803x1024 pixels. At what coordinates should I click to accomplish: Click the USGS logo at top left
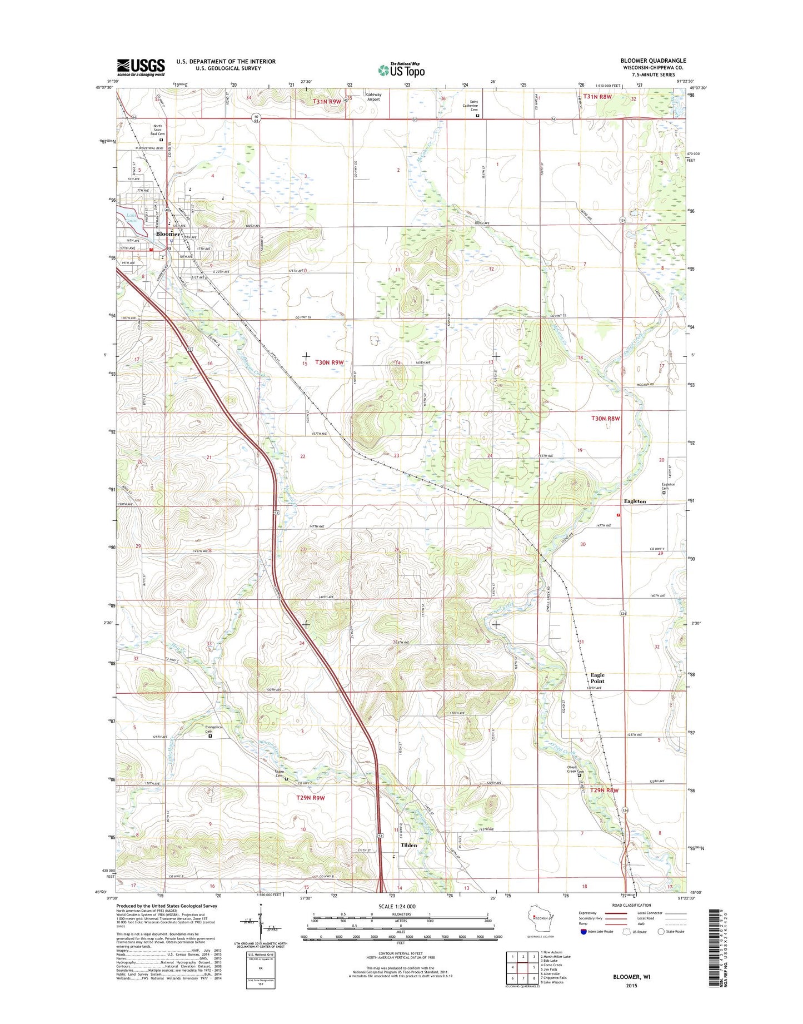point(141,67)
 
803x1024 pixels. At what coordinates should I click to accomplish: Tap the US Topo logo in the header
point(401,69)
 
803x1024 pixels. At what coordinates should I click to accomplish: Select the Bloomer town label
point(167,234)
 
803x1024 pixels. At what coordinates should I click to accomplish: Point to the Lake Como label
point(131,217)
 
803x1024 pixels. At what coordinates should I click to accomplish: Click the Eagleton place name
point(635,501)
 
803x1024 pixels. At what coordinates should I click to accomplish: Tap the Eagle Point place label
point(597,678)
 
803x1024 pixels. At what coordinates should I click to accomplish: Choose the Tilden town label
point(408,844)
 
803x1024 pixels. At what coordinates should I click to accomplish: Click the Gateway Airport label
point(373,97)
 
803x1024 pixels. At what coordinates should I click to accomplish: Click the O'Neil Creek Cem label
point(575,769)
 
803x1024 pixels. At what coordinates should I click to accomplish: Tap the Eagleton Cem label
point(668,486)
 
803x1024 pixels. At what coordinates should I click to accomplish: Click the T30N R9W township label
point(330,362)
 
